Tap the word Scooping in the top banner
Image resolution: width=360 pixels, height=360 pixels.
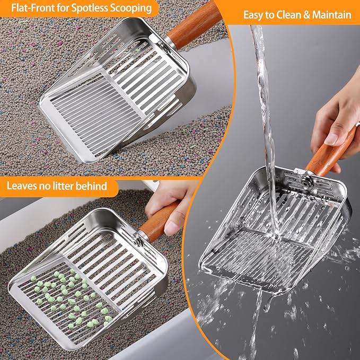click(x=130, y=8)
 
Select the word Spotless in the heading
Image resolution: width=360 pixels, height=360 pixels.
click(x=90, y=8)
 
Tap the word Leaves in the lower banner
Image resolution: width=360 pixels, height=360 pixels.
click(x=23, y=186)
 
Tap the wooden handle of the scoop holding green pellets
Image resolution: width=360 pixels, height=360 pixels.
click(x=156, y=223)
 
